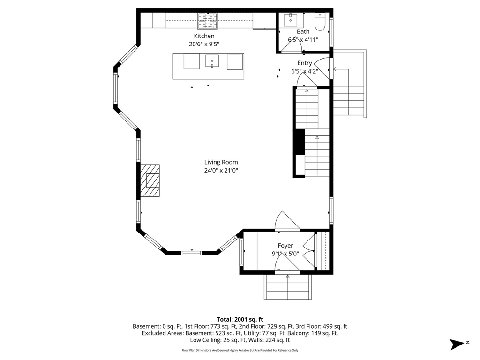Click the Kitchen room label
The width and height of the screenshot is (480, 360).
[204, 36]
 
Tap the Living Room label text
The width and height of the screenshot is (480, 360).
[221, 162]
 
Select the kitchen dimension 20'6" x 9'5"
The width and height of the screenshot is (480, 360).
[204, 44]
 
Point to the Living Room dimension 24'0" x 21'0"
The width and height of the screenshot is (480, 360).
[221, 170]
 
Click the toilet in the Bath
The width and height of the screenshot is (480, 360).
[320, 22]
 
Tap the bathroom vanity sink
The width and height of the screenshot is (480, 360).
[290, 20]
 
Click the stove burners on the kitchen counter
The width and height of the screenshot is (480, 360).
[207, 21]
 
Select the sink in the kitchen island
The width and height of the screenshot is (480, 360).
[212, 61]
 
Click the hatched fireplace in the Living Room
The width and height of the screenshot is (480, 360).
[150, 180]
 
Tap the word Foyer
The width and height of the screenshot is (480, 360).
[285, 246]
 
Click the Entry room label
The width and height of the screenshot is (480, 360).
[305, 63]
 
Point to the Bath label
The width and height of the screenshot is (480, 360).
[303, 31]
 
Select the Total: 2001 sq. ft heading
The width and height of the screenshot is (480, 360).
[240, 320]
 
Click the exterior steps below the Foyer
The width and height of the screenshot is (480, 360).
[288, 287]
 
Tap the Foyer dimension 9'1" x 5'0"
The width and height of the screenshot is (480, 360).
[285, 254]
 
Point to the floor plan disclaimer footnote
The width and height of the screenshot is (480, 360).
[240, 350]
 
